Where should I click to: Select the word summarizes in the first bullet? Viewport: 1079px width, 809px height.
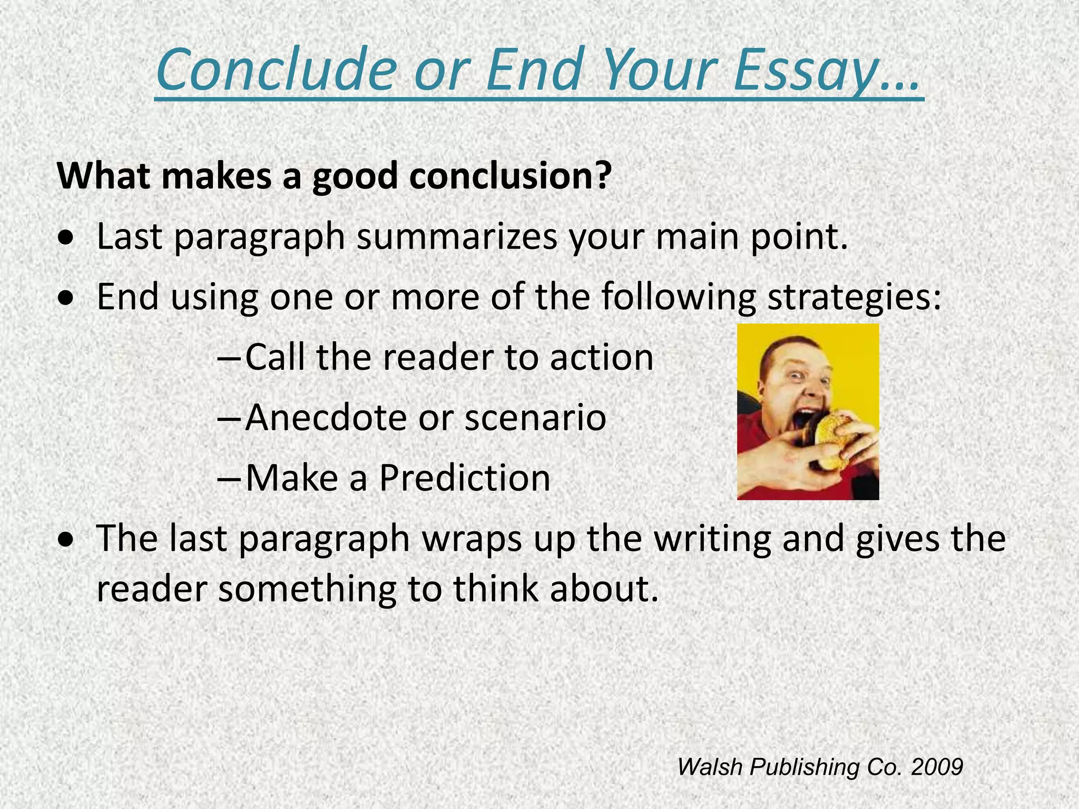456,236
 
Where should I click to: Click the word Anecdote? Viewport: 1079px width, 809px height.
325,418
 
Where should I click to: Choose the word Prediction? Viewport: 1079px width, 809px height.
465,478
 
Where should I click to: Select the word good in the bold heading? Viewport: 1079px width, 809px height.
355,176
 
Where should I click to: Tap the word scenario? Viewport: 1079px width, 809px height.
535,418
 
